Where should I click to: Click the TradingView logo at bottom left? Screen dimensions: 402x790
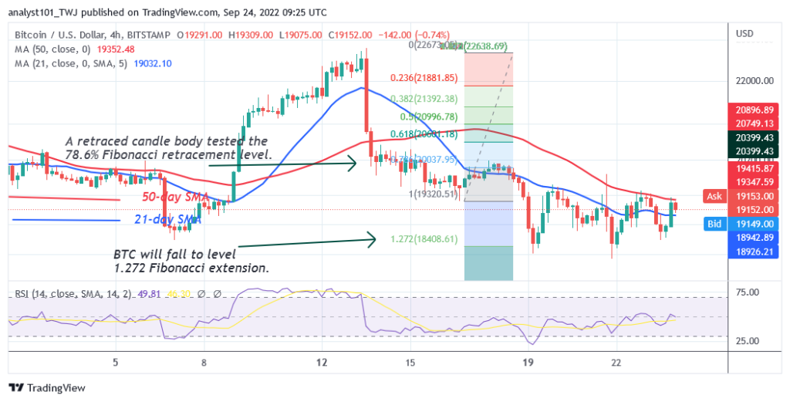[x=47, y=387]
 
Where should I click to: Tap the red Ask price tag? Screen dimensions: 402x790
[x=714, y=196]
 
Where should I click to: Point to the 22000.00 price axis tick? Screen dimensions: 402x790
[x=755, y=80]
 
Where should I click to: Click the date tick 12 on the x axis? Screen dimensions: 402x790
[x=322, y=362]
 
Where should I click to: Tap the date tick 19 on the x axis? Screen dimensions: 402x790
[x=528, y=362]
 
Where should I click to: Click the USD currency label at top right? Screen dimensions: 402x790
[x=744, y=33]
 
